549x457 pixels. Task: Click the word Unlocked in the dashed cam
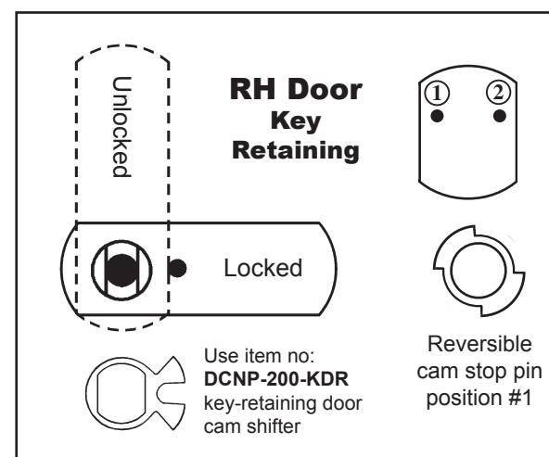pyautogui.click(x=121, y=127)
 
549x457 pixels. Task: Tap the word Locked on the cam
pyautogui.click(x=263, y=268)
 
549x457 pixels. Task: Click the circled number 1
pyautogui.click(x=437, y=93)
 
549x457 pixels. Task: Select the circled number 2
pyautogui.click(x=499, y=93)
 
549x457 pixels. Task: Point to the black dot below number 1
pyautogui.click(x=437, y=116)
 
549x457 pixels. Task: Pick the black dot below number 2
pyautogui.click(x=499, y=116)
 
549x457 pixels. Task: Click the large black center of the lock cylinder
pyautogui.click(x=121, y=271)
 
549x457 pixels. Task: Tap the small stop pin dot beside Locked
pyautogui.click(x=177, y=269)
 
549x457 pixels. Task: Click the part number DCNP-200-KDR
pyautogui.click(x=276, y=379)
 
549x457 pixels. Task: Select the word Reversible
pyautogui.click(x=479, y=344)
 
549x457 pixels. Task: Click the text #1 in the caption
pyautogui.click(x=520, y=398)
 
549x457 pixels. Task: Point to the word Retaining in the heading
pyautogui.click(x=296, y=151)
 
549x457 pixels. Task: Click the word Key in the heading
pyautogui.click(x=296, y=121)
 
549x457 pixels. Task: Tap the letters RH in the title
pyautogui.click(x=252, y=89)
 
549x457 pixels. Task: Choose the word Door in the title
pyautogui.click(x=325, y=89)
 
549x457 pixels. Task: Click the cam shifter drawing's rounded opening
pyautogui.click(x=97, y=394)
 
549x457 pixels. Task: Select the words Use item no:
pyautogui.click(x=260, y=356)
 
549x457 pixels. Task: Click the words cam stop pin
pyautogui.click(x=479, y=371)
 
